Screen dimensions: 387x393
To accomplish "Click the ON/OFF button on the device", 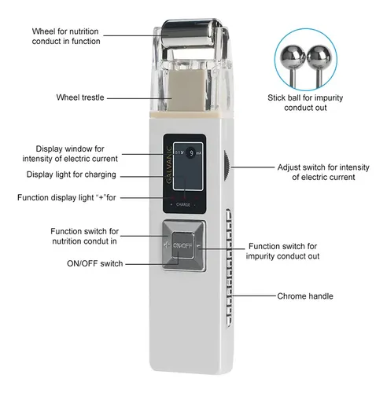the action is [x=183, y=245].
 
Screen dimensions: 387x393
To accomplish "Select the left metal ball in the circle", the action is [x=293, y=57].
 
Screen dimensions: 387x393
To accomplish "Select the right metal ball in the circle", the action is [x=319, y=57].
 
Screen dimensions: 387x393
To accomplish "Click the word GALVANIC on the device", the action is [x=169, y=164].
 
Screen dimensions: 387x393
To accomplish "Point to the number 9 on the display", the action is [x=192, y=153].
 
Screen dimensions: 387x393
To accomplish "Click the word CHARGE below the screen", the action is [x=183, y=204].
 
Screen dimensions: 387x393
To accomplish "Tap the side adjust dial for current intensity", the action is [x=227, y=166].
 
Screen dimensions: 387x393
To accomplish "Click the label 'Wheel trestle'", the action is [x=80, y=97].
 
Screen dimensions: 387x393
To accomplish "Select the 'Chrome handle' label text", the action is [x=305, y=296].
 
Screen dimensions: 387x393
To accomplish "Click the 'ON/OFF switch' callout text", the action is [x=95, y=263].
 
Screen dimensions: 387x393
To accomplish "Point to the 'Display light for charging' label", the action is [x=72, y=174].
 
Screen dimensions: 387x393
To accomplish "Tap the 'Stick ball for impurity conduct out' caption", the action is [x=305, y=102].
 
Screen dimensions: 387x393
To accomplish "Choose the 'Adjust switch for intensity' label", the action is [x=323, y=167].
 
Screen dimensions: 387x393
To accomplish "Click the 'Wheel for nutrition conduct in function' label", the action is [x=66, y=36].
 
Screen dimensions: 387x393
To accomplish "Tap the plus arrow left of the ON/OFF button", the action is [x=167, y=245].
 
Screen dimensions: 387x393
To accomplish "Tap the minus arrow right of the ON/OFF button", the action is [x=199, y=246].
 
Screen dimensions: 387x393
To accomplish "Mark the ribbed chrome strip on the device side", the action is [x=229, y=267].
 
